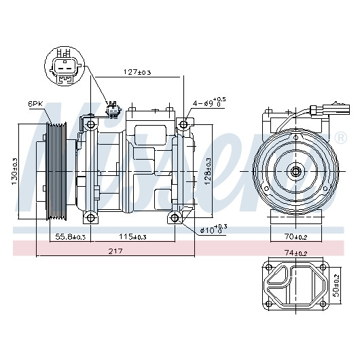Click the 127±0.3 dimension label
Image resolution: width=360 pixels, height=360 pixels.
pos(137,72)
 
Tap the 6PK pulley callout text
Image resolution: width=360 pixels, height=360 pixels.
pos(35,104)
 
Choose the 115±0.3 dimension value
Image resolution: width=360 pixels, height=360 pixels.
pos(132,236)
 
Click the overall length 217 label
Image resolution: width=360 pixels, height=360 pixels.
pos(115,251)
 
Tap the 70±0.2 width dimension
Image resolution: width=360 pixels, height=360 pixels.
pos(296,236)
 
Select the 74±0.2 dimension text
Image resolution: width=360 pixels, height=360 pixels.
pos(295,253)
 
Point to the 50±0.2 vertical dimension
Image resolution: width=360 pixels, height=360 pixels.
pos(336,285)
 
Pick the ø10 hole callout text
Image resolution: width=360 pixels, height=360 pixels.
pos(214,229)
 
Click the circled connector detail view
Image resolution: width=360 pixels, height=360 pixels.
pos(65,66)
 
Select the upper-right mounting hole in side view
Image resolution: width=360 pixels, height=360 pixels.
pos(183,124)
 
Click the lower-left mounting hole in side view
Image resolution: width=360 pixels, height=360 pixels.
pos(90,217)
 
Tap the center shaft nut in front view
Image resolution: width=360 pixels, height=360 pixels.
pos(295,171)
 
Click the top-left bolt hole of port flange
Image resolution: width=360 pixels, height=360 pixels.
pos(268,267)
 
